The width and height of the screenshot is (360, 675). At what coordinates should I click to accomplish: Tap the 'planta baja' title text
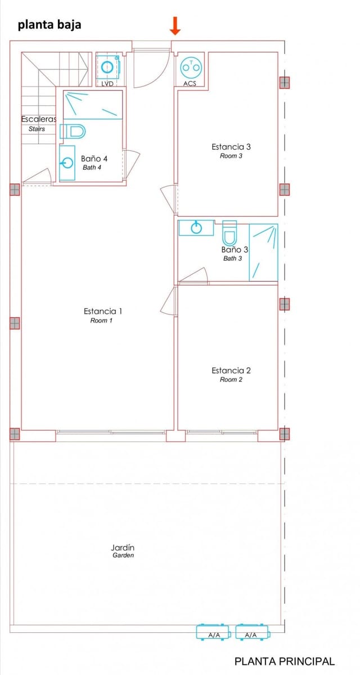[49, 25]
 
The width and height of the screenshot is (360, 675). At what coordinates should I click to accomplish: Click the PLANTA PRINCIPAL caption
[284, 661]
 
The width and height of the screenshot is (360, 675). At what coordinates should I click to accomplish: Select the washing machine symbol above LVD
[107, 67]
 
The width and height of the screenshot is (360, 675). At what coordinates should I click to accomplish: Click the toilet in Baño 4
[73, 132]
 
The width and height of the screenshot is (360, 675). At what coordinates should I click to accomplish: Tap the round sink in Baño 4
[67, 164]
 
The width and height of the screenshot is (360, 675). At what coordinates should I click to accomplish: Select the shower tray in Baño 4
[93, 105]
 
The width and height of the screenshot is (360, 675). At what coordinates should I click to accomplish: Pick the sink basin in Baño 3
[196, 228]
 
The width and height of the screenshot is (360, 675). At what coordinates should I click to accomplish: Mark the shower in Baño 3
[263, 252]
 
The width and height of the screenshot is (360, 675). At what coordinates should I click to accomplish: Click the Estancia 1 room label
[103, 311]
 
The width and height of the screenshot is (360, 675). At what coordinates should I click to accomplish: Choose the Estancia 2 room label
[231, 370]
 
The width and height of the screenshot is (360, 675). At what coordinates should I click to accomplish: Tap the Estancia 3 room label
[231, 147]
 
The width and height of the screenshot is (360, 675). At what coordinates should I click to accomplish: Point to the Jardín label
[123, 547]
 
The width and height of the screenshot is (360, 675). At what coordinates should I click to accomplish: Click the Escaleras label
[38, 119]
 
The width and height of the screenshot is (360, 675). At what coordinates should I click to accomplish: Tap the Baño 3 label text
[235, 249]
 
